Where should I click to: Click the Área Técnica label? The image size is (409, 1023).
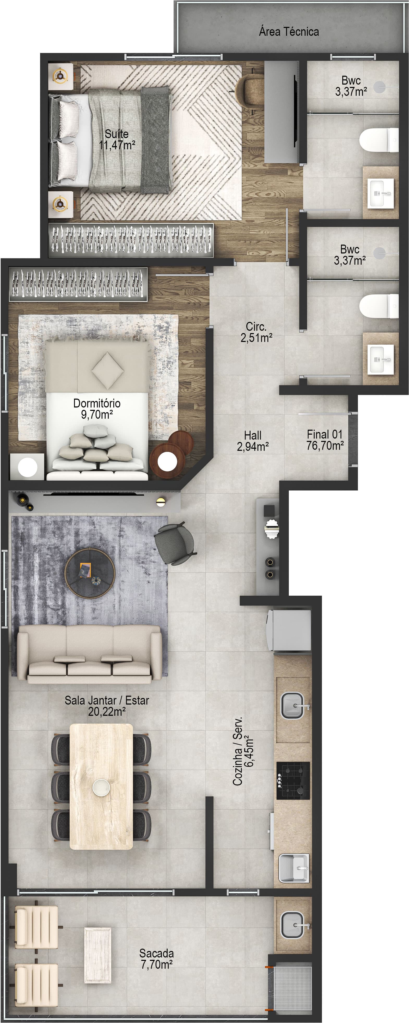pyautogui.click(x=289, y=32)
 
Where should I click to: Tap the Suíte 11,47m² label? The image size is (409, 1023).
pyautogui.click(x=117, y=139)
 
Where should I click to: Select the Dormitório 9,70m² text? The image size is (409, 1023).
pyautogui.click(x=97, y=409)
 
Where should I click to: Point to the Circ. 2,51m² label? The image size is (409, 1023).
pyautogui.click(x=256, y=332)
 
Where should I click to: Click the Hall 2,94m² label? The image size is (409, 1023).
pyautogui.click(x=253, y=441)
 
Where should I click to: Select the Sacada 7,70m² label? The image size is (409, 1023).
pyautogui.click(x=157, y=959)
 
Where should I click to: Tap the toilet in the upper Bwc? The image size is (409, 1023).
pyautogui.click(x=379, y=140)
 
